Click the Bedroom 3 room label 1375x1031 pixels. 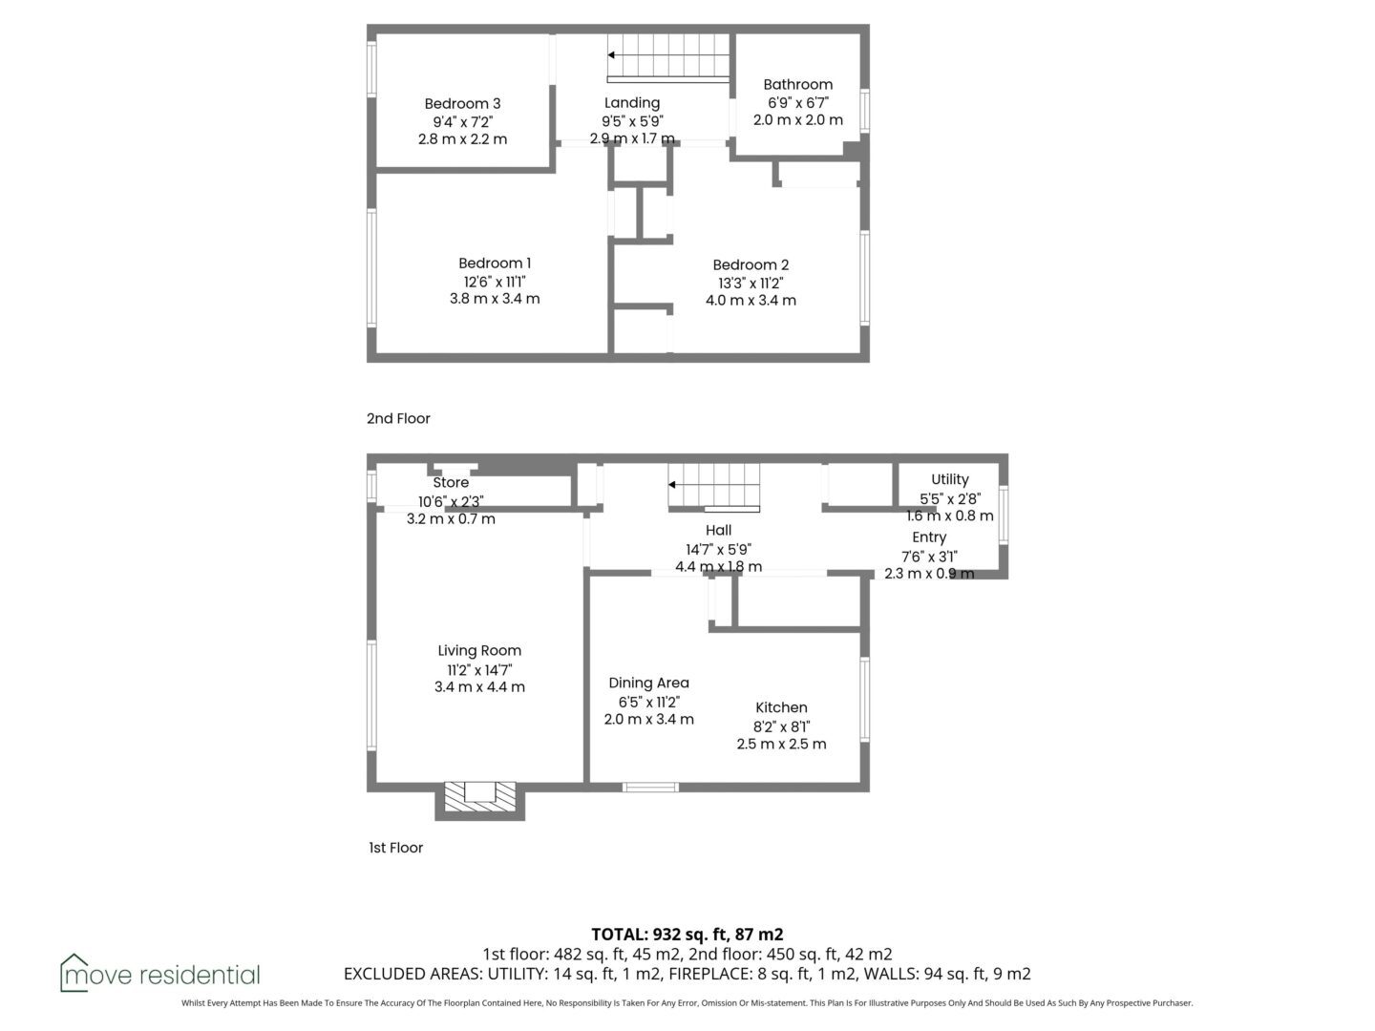(462, 103)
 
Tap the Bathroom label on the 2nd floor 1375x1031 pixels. (797, 84)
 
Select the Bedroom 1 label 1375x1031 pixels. (495, 263)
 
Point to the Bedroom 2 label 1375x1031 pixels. (751, 264)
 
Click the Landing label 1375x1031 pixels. (632, 103)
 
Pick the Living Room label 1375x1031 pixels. (479, 650)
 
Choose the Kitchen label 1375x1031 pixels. (781, 707)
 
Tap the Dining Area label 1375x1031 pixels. (648, 683)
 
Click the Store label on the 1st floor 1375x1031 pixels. (451, 483)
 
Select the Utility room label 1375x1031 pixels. (950, 479)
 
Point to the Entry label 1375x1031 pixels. (929, 537)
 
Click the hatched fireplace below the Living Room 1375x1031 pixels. (480, 797)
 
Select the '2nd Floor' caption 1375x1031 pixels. (398, 418)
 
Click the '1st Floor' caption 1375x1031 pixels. (396, 848)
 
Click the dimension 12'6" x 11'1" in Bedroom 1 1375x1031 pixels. (495, 282)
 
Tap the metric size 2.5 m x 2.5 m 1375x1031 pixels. (781, 744)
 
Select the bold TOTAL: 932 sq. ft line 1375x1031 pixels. (687, 934)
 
